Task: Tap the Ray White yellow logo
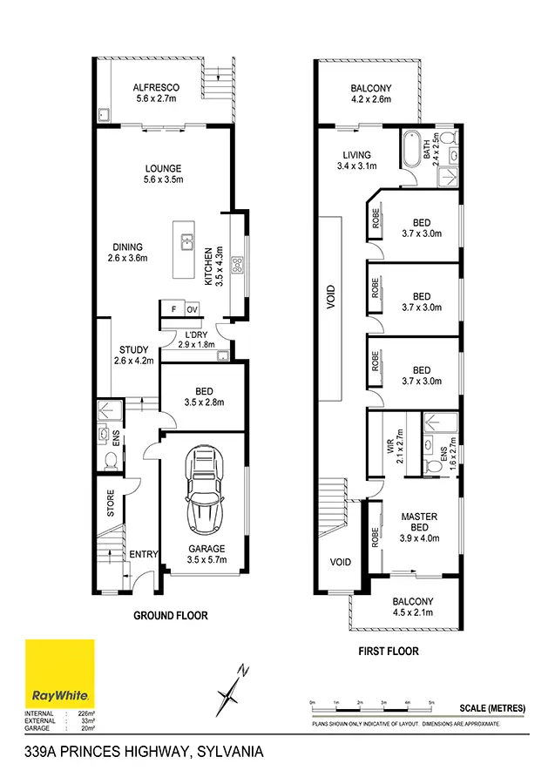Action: click(x=60, y=673)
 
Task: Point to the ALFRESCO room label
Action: click(x=156, y=88)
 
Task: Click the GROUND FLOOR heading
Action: click(x=170, y=615)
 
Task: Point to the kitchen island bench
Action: click(x=185, y=249)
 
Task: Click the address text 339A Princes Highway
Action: click(x=144, y=751)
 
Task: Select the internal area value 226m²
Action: click(x=85, y=713)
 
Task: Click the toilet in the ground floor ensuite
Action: click(x=111, y=458)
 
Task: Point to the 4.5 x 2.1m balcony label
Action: click(x=412, y=607)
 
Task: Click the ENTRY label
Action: click(x=143, y=554)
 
